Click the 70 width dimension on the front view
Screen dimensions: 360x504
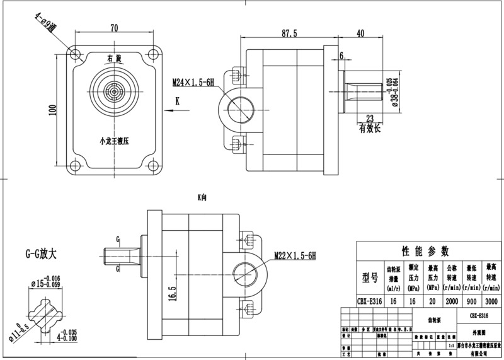[x=114, y=28]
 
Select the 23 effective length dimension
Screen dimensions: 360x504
[x=370, y=118]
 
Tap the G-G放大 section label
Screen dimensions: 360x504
[x=41, y=255]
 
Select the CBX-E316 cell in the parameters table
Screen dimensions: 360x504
[x=369, y=301]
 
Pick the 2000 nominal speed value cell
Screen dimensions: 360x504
[x=451, y=301]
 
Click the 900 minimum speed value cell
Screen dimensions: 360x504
[x=471, y=301]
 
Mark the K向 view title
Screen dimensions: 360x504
[x=202, y=197]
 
